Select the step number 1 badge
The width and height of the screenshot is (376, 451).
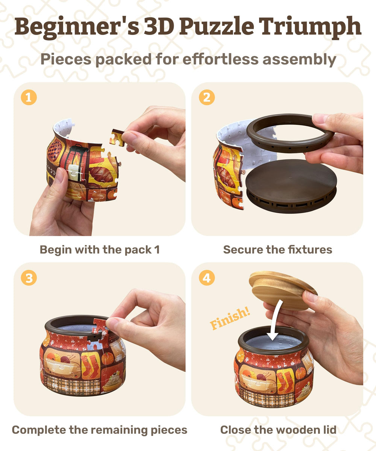(x=29, y=98)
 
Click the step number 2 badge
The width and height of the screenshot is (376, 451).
(x=206, y=98)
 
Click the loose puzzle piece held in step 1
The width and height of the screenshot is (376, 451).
(x=117, y=138)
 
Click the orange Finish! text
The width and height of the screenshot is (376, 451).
(x=230, y=318)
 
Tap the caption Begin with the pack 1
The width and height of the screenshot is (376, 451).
(x=100, y=250)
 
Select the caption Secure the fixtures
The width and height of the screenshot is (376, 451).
(x=277, y=250)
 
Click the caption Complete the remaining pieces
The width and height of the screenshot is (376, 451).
(x=100, y=430)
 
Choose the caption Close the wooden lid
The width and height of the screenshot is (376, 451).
(x=277, y=430)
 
